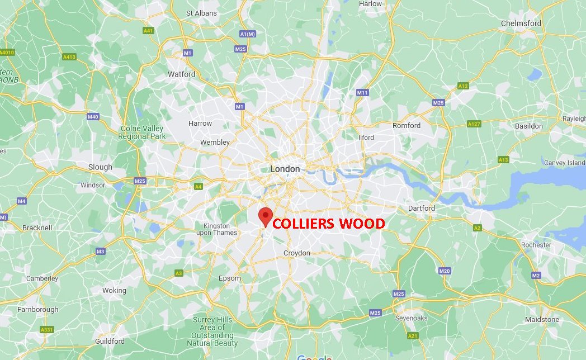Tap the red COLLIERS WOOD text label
pyautogui.click(x=328, y=224)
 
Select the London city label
pyautogui.click(x=285, y=169)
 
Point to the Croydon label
pyautogui.click(x=296, y=253)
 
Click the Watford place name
pyautogui.click(x=182, y=74)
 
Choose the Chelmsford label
pyautogui.click(x=521, y=23)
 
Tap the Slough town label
pyautogui.click(x=100, y=167)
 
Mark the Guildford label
pyautogui.click(x=110, y=341)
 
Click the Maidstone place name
pyautogui.click(x=542, y=320)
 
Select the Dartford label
pyautogui.click(x=421, y=208)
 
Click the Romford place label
pyautogui.click(x=407, y=125)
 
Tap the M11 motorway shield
pyautogui.click(x=362, y=93)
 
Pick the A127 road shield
pyautogui.click(x=474, y=124)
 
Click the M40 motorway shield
pyautogui.click(x=93, y=117)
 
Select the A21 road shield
pyautogui.click(x=413, y=335)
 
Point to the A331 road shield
pyautogui.click(x=47, y=330)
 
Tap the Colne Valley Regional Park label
pyautogui.click(x=143, y=132)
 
